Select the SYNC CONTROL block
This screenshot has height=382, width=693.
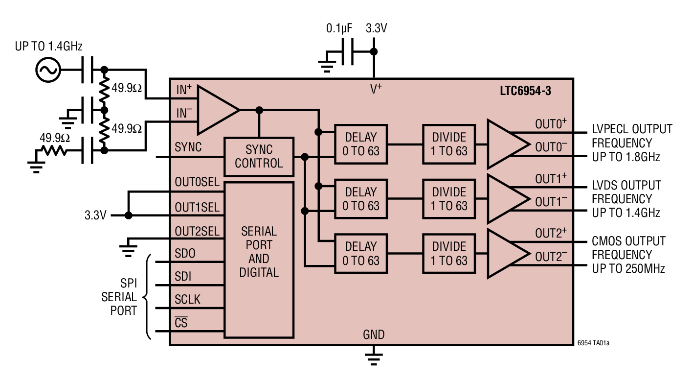click(x=259, y=157)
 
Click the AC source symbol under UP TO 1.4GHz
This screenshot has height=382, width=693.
click(x=48, y=70)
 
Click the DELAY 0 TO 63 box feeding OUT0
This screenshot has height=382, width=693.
click(x=361, y=144)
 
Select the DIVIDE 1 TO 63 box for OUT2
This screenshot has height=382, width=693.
click(x=449, y=253)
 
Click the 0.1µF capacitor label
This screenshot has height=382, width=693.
click(x=339, y=29)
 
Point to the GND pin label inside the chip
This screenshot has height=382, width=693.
click(x=374, y=335)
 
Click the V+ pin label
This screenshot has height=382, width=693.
click(x=376, y=89)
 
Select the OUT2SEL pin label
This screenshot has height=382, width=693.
click(x=197, y=231)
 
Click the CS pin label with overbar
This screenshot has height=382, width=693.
click(x=181, y=323)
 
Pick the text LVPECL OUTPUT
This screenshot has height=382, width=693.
click(x=632, y=129)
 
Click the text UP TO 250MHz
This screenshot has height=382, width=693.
click(x=628, y=268)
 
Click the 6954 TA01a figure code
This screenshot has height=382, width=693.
click(x=593, y=343)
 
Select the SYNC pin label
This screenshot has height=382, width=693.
click(x=188, y=147)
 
